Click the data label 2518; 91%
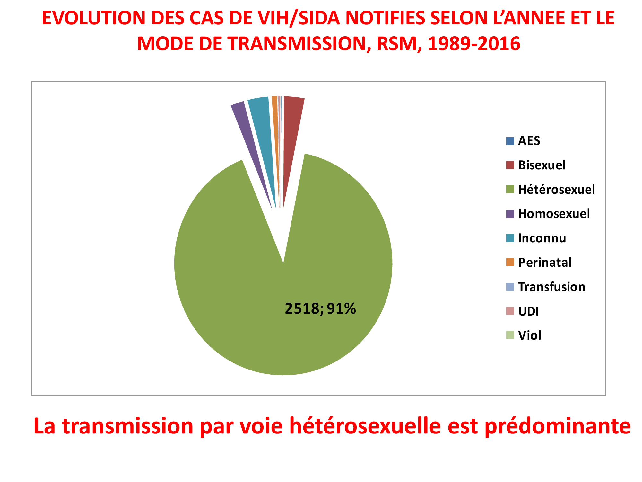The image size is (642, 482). click(320, 309)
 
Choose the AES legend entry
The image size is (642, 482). click(529, 141)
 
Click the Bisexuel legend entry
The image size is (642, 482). click(542, 165)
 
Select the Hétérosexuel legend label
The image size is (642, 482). click(556, 190)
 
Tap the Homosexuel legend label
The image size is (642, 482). click(554, 214)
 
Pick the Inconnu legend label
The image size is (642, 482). click(542, 238)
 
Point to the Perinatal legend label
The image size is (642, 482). click(545, 263)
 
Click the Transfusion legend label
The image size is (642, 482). click(551, 287)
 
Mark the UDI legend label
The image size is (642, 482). click(528, 311)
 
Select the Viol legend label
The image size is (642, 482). click(530, 335)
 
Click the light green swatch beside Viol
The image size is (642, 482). click(510, 335)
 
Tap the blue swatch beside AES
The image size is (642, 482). click(510, 141)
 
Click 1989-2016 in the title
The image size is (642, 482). click(474, 44)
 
